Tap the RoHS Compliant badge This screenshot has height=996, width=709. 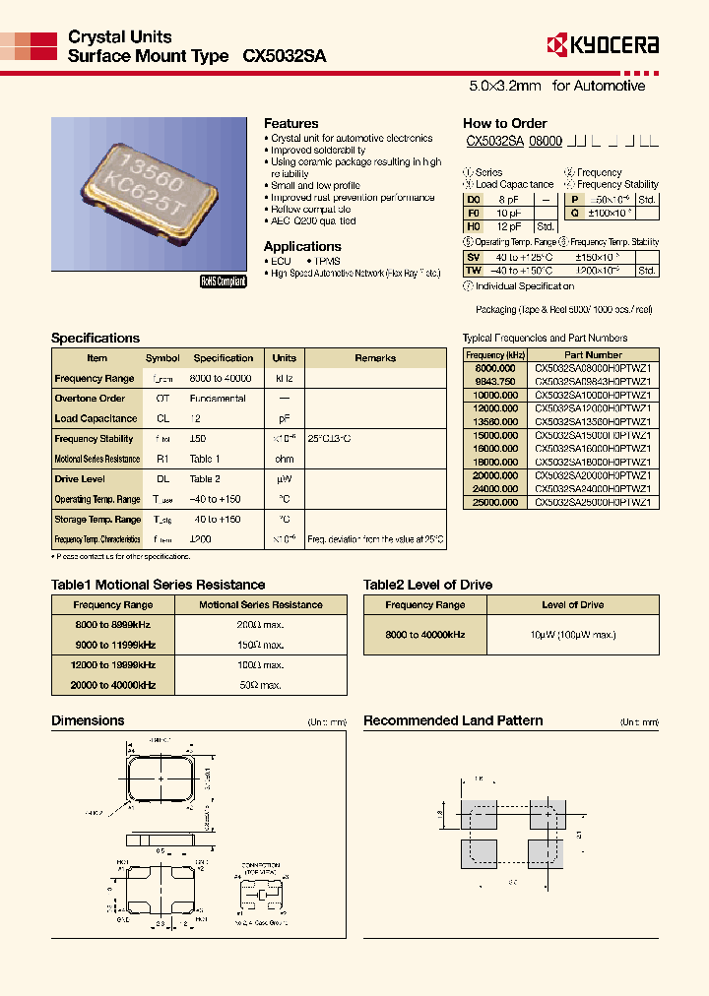[x=224, y=280]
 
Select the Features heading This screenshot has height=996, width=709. [x=290, y=123]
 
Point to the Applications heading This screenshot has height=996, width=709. [x=302, y=246]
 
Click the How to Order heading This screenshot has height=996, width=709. [x=504, y=123]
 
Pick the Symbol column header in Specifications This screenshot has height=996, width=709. [x=162, y=358]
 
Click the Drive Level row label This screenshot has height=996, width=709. [x=80, y=479]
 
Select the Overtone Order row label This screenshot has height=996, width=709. [x=90, y=399]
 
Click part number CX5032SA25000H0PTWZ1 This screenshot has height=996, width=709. [x=593, y=502]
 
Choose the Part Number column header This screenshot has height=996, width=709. [x=593, y=354]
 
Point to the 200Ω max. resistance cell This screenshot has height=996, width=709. [x=260, y=625]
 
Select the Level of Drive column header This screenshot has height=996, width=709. [x=572, y=604]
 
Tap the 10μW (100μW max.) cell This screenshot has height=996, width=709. [x=572, y=635]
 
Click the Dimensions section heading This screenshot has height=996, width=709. [x=88, y=720]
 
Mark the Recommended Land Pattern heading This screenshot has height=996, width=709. [x=453, y=720]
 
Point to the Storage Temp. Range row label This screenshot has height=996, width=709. [x=97, y=520]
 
